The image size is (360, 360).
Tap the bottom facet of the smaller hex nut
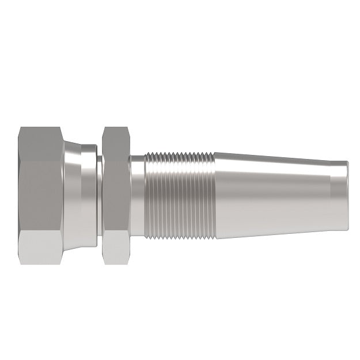pos(118,251)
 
